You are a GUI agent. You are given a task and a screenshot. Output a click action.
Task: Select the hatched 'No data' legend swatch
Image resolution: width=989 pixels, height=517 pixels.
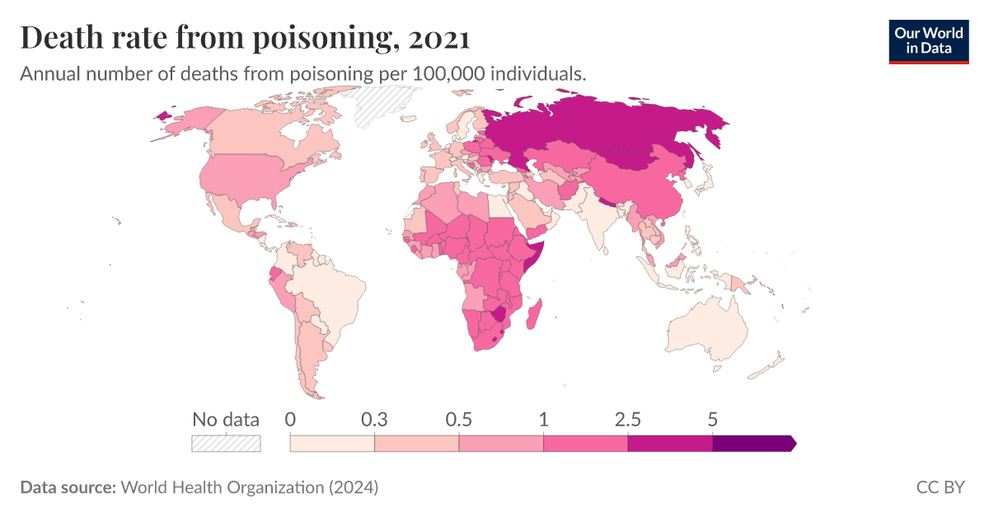[226, 444]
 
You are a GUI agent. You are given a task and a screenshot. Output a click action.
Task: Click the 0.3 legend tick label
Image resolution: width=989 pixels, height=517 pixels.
[375, 419]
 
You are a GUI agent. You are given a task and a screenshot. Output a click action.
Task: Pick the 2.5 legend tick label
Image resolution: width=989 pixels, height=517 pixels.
[627, 419]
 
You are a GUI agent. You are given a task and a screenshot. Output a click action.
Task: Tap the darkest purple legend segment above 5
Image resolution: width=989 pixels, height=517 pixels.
[752, 444]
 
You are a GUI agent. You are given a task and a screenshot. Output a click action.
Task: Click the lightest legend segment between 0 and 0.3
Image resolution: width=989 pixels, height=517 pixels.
[332, 444]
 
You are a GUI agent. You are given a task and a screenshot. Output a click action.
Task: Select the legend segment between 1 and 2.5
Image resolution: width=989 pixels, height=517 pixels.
[585, 444]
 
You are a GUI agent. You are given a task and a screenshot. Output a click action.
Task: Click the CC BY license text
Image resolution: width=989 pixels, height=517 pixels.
[940, 487]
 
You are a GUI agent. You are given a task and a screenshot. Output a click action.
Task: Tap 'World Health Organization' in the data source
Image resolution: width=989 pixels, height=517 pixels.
[223, 487]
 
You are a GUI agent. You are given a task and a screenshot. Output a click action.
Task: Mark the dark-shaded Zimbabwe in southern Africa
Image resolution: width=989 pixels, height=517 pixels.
[499, 315]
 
